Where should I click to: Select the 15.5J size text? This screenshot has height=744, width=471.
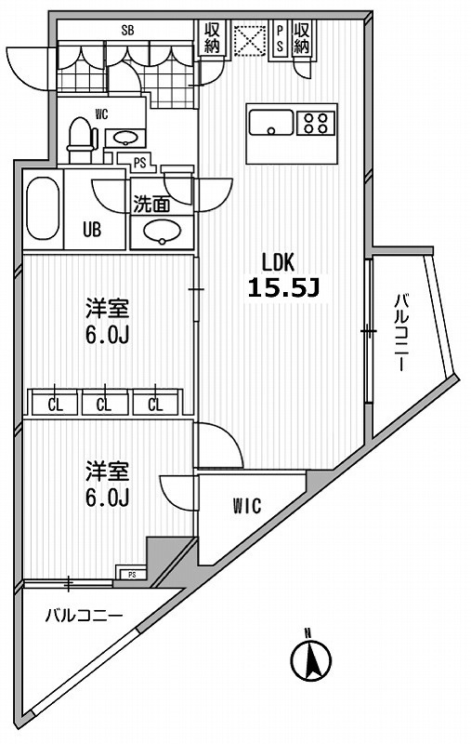point(283,288)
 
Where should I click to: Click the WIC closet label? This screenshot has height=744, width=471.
point(247,507)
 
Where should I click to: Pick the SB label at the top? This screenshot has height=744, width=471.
point(127,30)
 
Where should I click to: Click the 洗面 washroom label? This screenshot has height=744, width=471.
point(151,204)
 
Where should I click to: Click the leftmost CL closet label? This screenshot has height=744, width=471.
point(55,405)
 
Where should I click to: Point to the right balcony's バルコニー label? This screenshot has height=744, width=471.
point(400,333)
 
